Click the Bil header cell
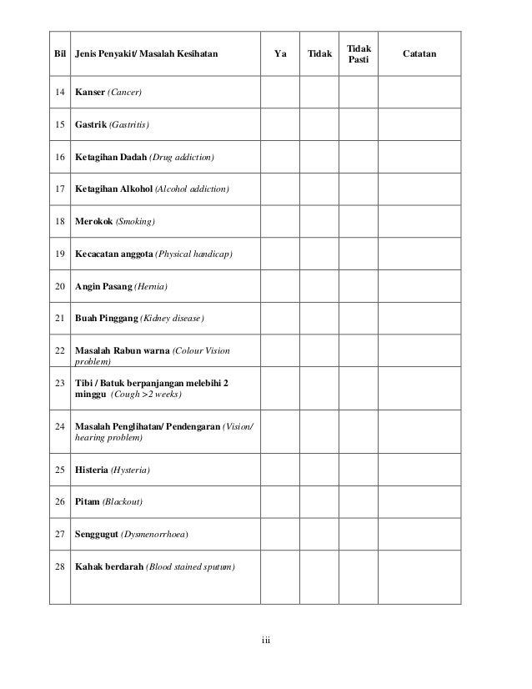59,55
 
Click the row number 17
59,189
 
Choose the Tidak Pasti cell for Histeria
359,470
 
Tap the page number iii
265,641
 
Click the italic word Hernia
151,287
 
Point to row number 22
59,350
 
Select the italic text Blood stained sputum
191,567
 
